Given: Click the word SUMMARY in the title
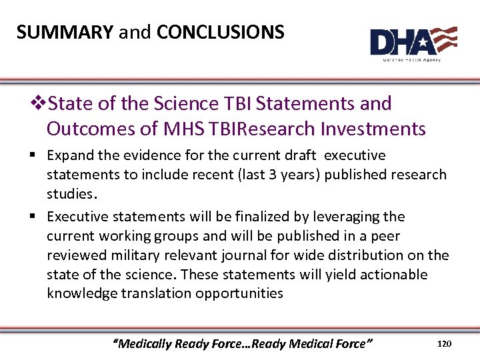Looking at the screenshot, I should point(65,31).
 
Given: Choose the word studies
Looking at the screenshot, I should point(69,194).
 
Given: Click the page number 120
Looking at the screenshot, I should point(444,343).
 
